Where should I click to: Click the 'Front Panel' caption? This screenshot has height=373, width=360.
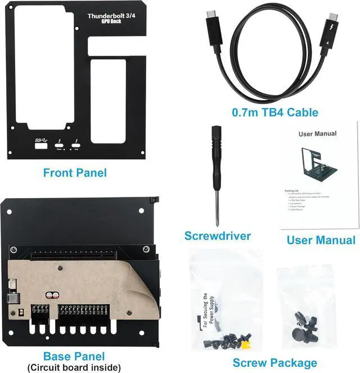[x=75, y=173]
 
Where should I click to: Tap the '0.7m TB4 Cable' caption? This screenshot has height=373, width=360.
[x=275, y=113]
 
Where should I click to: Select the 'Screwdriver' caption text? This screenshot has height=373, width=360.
[x=218, y=235]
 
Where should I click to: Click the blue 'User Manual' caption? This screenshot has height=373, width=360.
[x=321, y=240]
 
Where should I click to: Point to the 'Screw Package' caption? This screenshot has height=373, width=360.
[x=274, y=362]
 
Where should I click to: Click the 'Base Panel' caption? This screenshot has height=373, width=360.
[x=74, y=356]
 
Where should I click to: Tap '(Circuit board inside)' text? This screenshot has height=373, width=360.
[x=74, y=367]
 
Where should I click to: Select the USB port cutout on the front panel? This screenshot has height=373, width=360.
[x=42, y=147]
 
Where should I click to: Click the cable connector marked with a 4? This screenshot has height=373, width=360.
[x=326, y=42]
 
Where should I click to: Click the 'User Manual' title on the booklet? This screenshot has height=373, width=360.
[x=317, y=134]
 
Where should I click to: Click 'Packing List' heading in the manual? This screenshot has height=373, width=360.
[x=292, y=191]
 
